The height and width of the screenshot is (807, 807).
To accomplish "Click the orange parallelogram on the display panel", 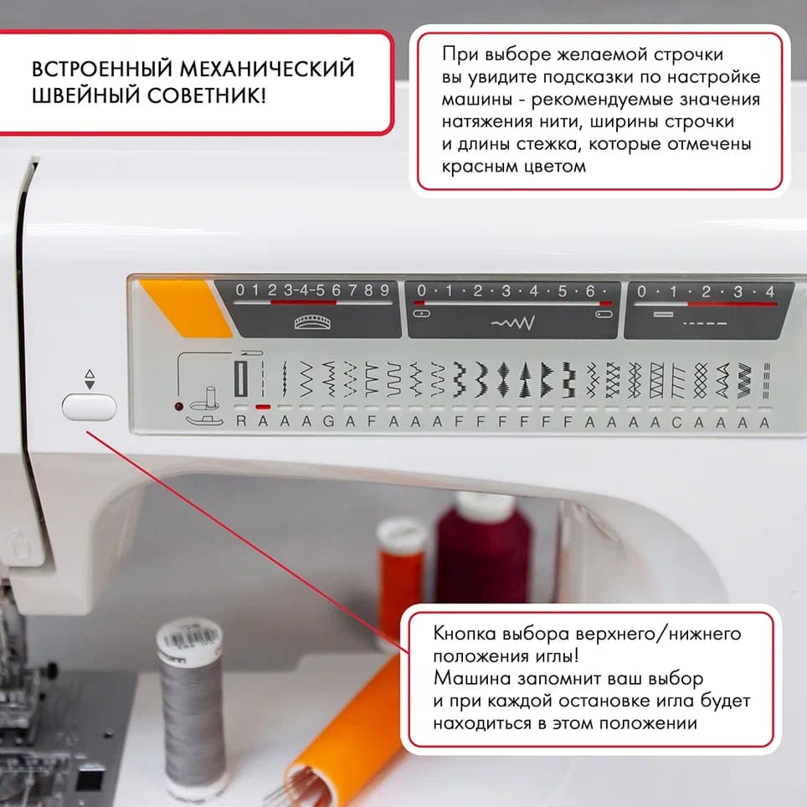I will [186, 308].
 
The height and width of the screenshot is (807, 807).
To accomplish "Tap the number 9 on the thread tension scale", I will [384, 290].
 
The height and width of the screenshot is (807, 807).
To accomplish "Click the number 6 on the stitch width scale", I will [589, 291].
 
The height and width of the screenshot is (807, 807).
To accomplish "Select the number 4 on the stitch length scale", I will [769, 292].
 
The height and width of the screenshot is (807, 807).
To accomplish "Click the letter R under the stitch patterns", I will [241, 423].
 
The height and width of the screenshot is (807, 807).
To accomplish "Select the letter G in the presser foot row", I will [328, 423].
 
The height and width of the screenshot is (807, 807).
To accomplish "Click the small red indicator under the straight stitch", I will [263, 407].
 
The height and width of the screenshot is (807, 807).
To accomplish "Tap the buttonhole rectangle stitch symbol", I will [241, 379].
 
